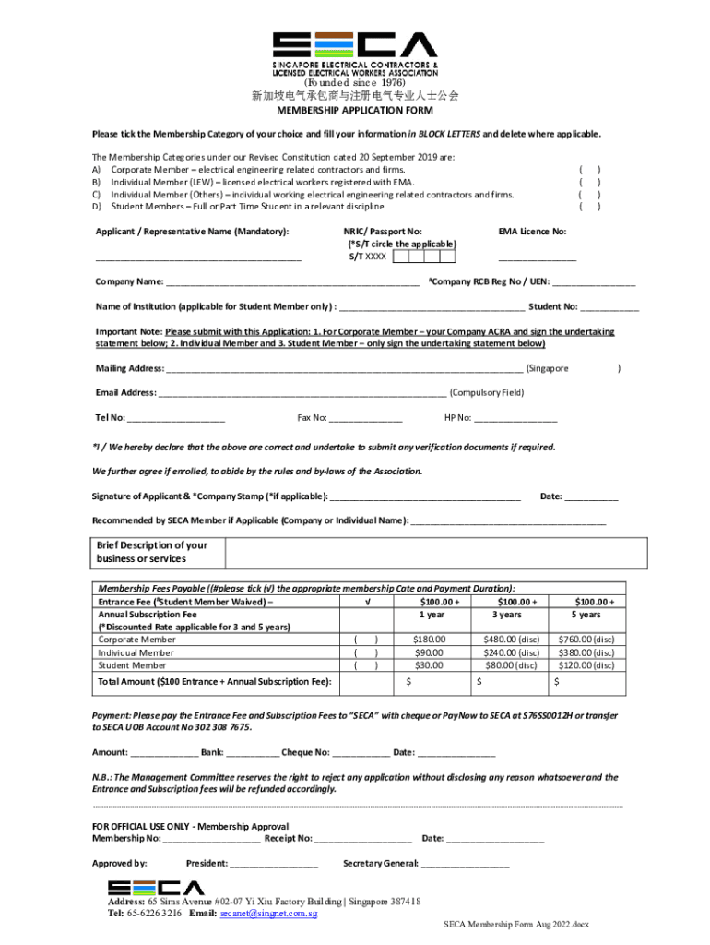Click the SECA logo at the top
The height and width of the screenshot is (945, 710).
coord(354,46)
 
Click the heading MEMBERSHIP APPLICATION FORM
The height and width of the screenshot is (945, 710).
coord(355,110)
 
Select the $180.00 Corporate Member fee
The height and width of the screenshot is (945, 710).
coord(429,639)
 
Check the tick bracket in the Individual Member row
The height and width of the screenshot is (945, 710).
coord(367,652)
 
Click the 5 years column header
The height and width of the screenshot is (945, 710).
coord(586,615)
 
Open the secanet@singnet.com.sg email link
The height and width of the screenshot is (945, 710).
coord(268,914)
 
